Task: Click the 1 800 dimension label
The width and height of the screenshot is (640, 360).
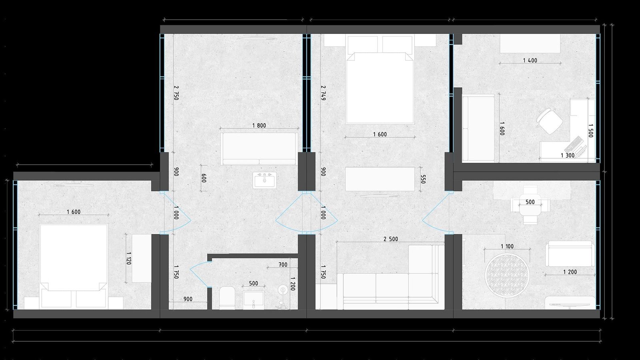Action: tap(259, 126)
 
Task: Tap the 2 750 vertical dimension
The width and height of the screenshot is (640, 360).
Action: tap(176, 92)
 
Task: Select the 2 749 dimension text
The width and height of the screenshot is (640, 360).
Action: tap(323, 92)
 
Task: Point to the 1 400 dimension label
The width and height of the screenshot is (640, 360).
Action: tap(530, 60)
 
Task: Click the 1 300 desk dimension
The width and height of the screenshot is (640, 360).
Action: tap(568, 156)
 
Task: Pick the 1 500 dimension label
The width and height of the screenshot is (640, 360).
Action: tap(591, 130)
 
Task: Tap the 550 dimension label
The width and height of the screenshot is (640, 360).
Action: tap(423, 179)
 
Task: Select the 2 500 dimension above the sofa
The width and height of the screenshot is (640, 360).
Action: tap(390, 239)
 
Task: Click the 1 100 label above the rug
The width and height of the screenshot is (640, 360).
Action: tap(507, 246)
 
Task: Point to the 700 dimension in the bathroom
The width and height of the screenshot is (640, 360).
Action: tap(283, 265)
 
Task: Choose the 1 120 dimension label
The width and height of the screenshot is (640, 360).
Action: tap(128, 258)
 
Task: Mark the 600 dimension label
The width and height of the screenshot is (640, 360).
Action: tap(204, 178)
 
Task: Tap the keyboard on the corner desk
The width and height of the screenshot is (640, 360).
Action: tap(574, 144)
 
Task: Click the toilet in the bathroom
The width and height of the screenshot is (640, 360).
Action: tap(228, 298)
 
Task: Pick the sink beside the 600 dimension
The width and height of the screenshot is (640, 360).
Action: tap(264, 180)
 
